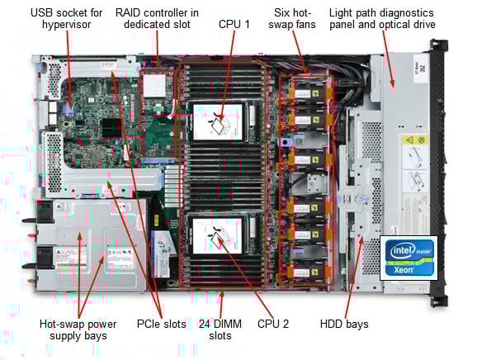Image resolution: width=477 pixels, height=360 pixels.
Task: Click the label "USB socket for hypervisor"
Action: point(66,19)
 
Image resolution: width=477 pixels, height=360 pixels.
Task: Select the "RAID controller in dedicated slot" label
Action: point(156,19)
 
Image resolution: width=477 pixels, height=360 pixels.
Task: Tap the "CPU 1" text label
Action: point(234,25)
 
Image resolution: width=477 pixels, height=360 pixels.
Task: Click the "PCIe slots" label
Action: point(161,324)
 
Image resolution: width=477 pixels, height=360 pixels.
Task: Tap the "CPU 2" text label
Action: point(273,324)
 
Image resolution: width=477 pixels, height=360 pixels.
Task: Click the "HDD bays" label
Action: point(344,324)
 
